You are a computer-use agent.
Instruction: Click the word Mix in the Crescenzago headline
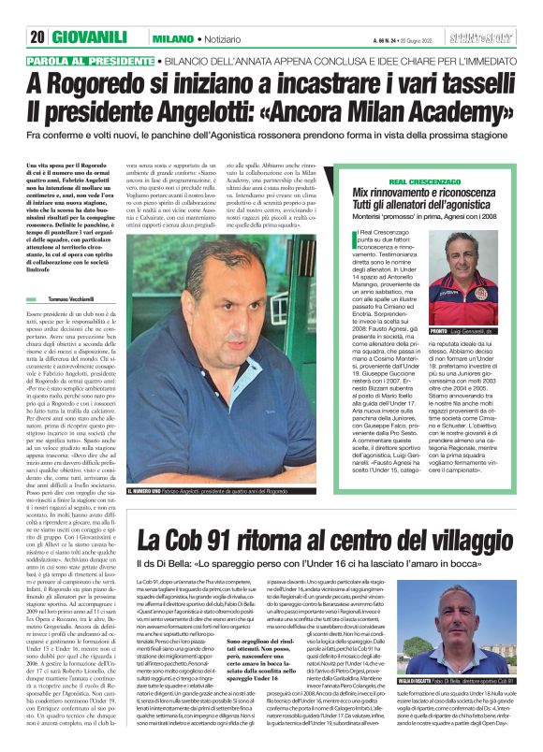(x=364, y=192)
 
